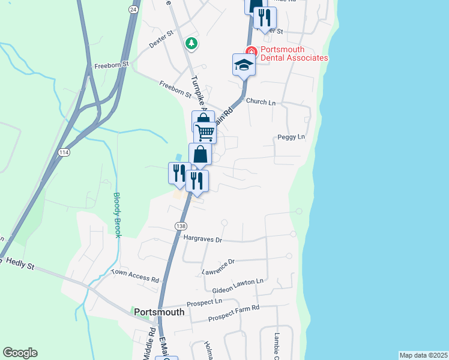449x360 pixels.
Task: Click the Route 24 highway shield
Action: (x=132, y=10)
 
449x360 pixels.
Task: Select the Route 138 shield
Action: (x=180, y=226)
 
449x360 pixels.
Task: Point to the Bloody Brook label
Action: (x=118, y=214)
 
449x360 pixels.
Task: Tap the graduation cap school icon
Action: (x=244, y=64)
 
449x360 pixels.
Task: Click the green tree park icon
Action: (x=191, y=43)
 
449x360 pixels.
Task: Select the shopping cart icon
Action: (x=205, y=132)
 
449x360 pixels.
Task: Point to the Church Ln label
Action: (x=260, y=103)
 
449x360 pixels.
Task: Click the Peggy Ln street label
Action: (x=292, y=137)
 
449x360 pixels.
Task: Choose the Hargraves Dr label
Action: (x=203, y=239)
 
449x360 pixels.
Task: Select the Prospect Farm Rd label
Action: (x=233, y=314)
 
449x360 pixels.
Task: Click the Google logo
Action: (x=20, y=353)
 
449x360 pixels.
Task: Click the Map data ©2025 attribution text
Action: (x=423, y=355)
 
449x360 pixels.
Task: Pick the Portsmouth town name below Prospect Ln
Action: (x=159, y=312)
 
